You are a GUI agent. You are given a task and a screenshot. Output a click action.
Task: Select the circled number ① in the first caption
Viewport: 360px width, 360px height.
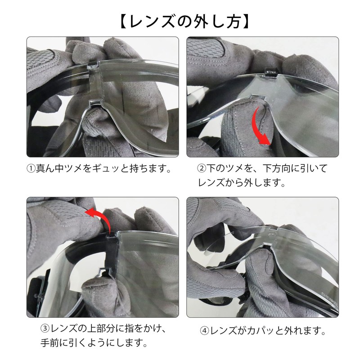pyautogui.click(x=31, y=169)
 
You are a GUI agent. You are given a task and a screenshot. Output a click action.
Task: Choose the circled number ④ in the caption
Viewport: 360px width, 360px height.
pyautogui.click(x=204, y=332)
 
